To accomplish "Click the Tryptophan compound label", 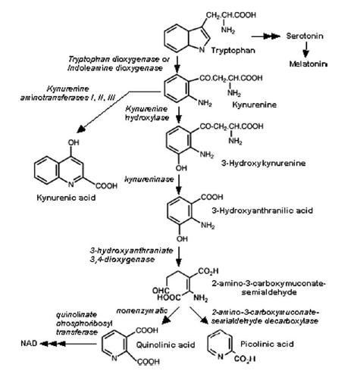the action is click(233, 51).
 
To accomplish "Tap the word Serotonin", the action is click(305, 36).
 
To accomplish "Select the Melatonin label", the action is click(308, 64).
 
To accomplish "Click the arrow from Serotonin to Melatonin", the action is click(306, 50).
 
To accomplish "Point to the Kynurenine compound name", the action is click(254, 104).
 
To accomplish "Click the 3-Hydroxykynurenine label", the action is click(264, 163).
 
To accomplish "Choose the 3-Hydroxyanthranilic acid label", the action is click(262, 210).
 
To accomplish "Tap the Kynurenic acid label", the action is click(66, 197).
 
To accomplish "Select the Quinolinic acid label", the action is click(165, 344).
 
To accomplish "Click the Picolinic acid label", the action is click(267, 344).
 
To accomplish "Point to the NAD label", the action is click(29, 343).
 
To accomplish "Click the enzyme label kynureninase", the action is click(149, 179).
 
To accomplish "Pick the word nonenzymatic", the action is click(142, 310).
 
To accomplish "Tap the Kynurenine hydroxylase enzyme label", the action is click(147, 113).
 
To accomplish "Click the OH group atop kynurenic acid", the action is click(74, 142).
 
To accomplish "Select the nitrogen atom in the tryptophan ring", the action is click(202, 50).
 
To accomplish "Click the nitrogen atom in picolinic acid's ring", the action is click(221, 357).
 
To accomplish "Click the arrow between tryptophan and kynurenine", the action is click(177, 64).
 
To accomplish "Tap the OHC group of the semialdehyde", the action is click(161, 291).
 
